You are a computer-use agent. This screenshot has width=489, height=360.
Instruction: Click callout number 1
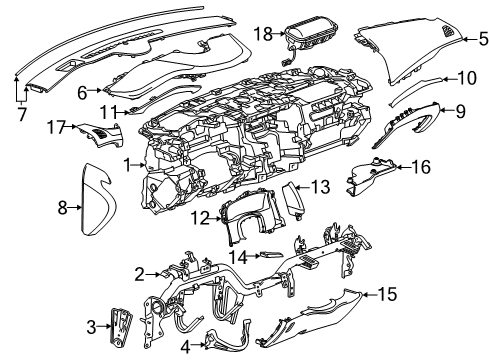coord(127,162)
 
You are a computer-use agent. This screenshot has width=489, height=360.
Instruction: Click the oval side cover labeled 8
coord(95,207)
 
